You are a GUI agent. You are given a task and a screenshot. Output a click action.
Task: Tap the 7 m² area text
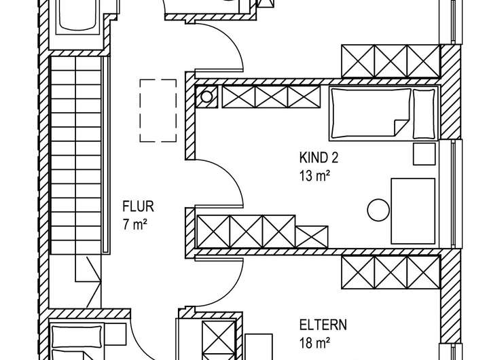[x=135, y=224]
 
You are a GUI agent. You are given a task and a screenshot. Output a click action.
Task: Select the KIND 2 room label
[x=319, y=158]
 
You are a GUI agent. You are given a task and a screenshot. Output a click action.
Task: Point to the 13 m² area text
[x=315, y=176]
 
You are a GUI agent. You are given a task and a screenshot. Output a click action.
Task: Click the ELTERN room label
[x=323, y=325]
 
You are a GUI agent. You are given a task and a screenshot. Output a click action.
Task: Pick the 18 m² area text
[x=315, y=343]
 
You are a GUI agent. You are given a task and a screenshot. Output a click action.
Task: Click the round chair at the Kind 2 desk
[x=378, y=210]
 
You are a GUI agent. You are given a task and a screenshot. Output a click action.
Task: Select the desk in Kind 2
[x=413, y=211]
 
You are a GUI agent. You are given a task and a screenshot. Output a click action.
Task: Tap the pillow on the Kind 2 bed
[x=424, y=113]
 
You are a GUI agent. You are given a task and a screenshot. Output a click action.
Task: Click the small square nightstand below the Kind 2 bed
[x=424, y=154]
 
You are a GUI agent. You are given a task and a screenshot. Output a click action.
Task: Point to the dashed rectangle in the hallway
[x=158, y=111]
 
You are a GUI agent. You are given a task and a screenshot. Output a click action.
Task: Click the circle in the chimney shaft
[x=206, y=97]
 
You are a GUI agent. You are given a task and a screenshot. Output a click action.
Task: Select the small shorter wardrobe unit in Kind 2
[x=312, y=237]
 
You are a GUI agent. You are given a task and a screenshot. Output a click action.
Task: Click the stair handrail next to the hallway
[x=106, y=154]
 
